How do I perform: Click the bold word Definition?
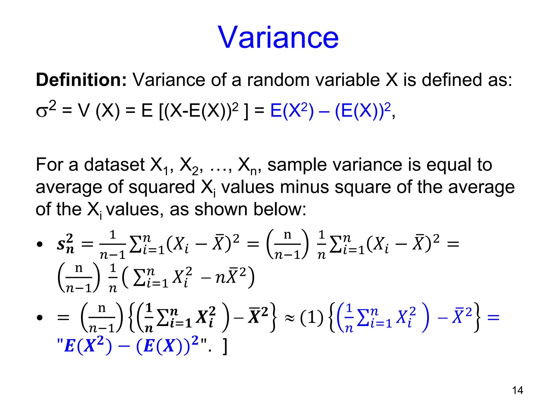[81, 80]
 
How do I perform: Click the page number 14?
[517, 390]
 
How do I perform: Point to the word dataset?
[114, 165]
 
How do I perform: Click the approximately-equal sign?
[290, 318]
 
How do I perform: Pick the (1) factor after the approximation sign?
[312, 318]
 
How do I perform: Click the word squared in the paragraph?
[162, 187]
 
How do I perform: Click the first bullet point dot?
[40, 244]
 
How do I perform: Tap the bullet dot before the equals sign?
[40, 318]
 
